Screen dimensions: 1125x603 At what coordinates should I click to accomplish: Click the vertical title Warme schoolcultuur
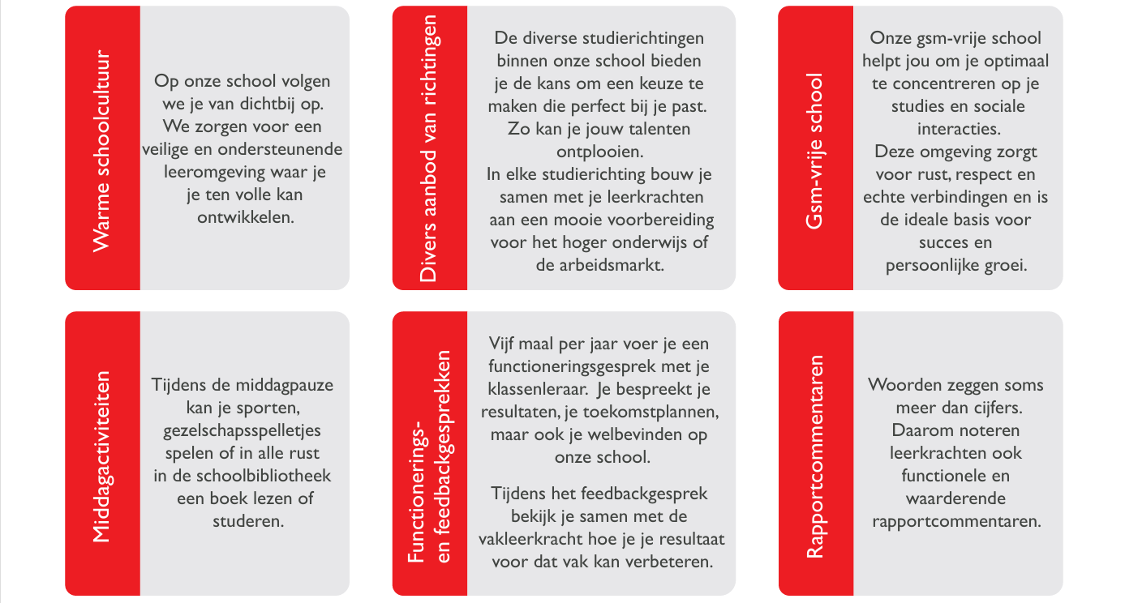101,148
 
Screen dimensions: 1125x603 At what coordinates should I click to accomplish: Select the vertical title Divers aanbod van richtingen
429,148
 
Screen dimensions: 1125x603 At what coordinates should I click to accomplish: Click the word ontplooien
600,151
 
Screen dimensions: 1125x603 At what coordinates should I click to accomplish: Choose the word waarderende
955,498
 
